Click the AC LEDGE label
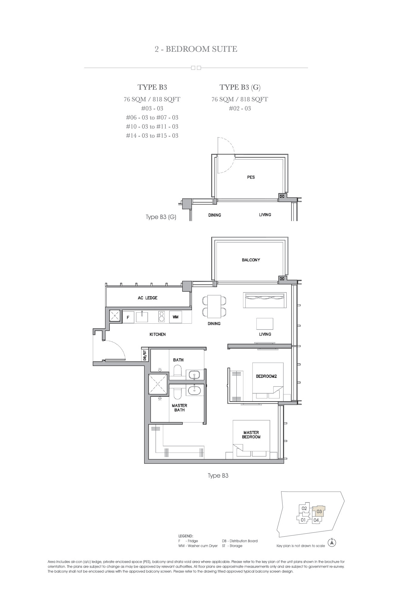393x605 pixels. pyautogui.click(x=148, y=298)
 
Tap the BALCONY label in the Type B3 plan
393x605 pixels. pyautogui.click(x=251, y=260)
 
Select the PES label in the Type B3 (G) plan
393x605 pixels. pyautogui.click(x=251, y=177)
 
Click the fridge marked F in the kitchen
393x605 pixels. pyautogui.click(x=128, y=317)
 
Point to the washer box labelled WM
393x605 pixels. pyautogui.click(x=175, y=317)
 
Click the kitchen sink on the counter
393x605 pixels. pyautogui.click(x=142, y=317)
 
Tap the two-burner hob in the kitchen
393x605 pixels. pyautogui.click(x=161, y=317)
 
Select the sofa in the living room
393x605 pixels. pyautogui.click(x=265, y=300)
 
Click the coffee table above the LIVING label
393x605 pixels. pyautogui.click(x=265, y=324)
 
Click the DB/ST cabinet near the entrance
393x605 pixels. pyautogui.click(x=145, y=355)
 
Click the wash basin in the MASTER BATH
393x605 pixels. pyautogui.click(x=194, y=391)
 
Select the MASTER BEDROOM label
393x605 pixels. pyautogui.click(x=251, y=435)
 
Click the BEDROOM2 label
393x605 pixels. pyautogui.click(x=266, y=376)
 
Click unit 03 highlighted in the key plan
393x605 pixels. pyautogui.click(x=319, y=512)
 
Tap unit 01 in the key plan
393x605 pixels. pyautogui.click(x=303, y=520)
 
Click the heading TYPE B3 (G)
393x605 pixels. pyautogui.click(x=240, y=87)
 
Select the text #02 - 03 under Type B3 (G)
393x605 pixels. pyautogui.click(x=240, y=109)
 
